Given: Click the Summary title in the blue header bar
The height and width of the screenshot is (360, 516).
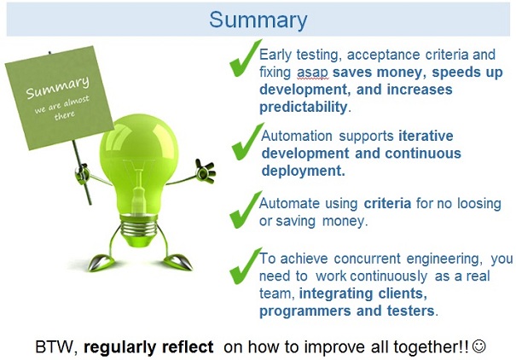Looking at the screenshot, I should (x=258, y=20).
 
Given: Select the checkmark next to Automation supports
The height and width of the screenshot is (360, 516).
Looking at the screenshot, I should (x=246, y=142).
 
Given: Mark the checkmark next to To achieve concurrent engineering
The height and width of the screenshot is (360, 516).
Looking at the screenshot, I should (x=245, y=265).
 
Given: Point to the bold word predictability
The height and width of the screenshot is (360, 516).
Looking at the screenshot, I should (x=304, y=107).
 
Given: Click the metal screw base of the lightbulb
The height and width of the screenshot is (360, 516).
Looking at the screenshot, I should (x=144, y=225).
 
